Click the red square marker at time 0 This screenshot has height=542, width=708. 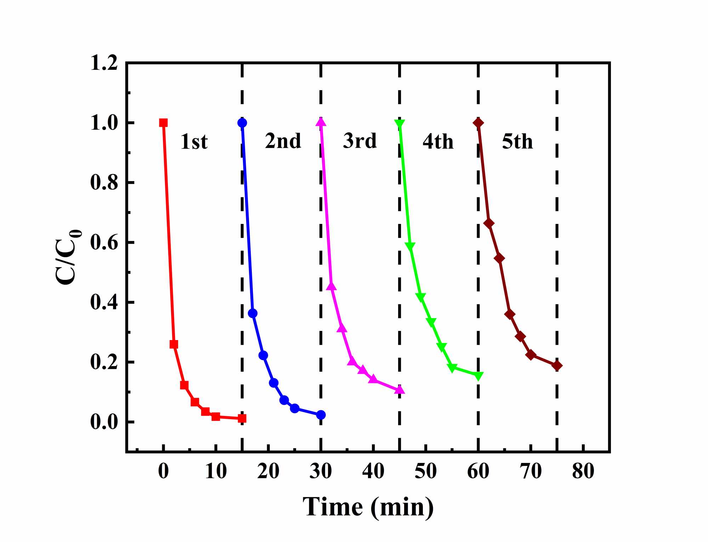(163, 123)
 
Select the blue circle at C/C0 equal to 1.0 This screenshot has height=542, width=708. (242, 123)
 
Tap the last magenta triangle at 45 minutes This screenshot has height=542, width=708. (400, 390)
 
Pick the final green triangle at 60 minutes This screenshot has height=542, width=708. (478, 376)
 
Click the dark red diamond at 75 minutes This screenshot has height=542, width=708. (557, 366)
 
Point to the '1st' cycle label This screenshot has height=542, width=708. (194, 142)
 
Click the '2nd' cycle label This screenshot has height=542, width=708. (283, 141)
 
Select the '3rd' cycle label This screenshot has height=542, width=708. (360, 141)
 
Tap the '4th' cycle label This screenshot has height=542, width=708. (438, 142)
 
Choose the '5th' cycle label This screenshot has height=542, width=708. (517, 142)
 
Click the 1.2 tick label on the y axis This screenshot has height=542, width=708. (104, 63)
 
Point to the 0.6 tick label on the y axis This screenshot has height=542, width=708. (104, 243)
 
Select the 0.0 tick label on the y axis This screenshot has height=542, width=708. (104, 422)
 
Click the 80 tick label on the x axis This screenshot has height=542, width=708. (583, 472)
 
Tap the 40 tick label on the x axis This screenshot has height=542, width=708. (373, 472)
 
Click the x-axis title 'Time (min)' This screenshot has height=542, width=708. (368, 507)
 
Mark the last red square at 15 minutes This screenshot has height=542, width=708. (242, 418)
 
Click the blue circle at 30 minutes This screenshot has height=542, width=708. (321, 415)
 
